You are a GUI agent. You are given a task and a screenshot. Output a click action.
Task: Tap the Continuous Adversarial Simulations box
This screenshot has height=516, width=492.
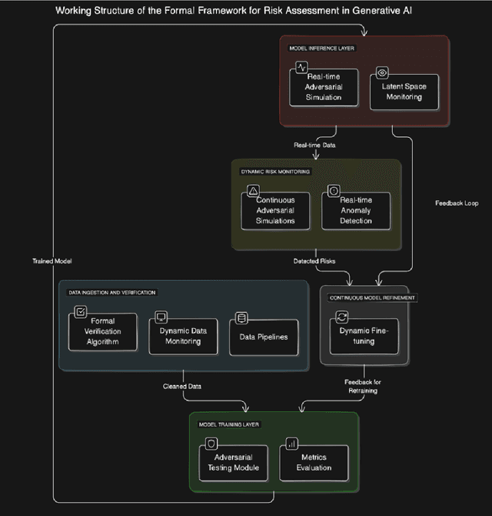275,210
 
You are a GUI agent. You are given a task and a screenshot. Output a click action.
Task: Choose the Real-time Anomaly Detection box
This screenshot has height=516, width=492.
355,210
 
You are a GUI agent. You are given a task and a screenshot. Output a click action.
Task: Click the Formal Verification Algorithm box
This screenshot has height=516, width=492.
102,332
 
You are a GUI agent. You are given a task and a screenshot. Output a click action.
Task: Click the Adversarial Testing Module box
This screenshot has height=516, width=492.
233,463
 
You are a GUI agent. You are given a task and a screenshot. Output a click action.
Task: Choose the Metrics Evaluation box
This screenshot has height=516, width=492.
314,463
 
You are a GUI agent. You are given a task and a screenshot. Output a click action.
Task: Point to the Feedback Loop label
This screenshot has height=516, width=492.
457,203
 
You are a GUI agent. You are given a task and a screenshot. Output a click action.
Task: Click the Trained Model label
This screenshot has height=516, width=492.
52,261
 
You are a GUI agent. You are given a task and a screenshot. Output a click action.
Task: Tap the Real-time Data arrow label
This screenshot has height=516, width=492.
314,145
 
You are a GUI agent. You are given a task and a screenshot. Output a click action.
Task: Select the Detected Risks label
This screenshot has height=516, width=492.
314,261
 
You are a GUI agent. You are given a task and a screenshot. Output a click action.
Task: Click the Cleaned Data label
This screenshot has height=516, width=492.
183,386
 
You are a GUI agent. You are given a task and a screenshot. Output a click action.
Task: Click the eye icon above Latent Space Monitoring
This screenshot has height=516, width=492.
381,72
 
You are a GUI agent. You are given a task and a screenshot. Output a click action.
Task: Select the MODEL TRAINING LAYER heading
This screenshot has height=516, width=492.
228,424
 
